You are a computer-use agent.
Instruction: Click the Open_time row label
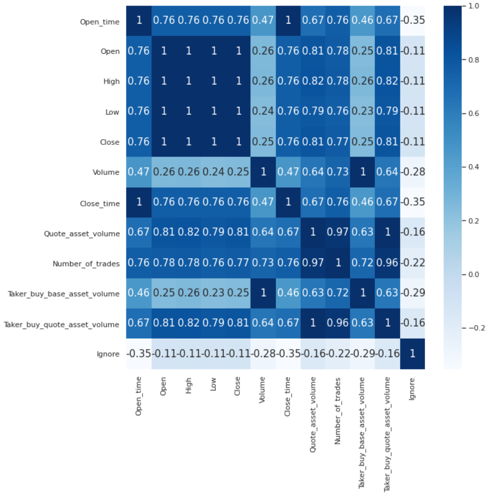(x=100, y=22)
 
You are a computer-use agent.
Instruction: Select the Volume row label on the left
(x=106, y=172)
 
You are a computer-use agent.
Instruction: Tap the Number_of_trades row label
(x=86, y=264)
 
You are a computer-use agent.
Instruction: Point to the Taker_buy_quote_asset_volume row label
(x=62, y=324)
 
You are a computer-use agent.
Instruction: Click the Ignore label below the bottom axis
(x=412, y=389)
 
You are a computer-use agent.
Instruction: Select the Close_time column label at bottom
(x=287, y=396)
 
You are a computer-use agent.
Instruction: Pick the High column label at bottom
(x=188, y=386)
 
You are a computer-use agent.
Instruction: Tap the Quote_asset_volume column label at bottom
(x=313, y=414)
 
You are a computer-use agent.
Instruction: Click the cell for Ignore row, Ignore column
(x=412, y=354)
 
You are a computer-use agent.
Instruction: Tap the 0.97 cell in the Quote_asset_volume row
(x=338, y=232)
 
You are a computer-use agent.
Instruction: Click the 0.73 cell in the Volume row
(x=338, y=172)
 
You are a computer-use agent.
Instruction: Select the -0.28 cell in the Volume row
(x=412, y=172)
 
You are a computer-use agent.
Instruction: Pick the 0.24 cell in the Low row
(x=263, y=111)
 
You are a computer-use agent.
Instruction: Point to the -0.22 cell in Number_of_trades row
(x=412, y=263)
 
